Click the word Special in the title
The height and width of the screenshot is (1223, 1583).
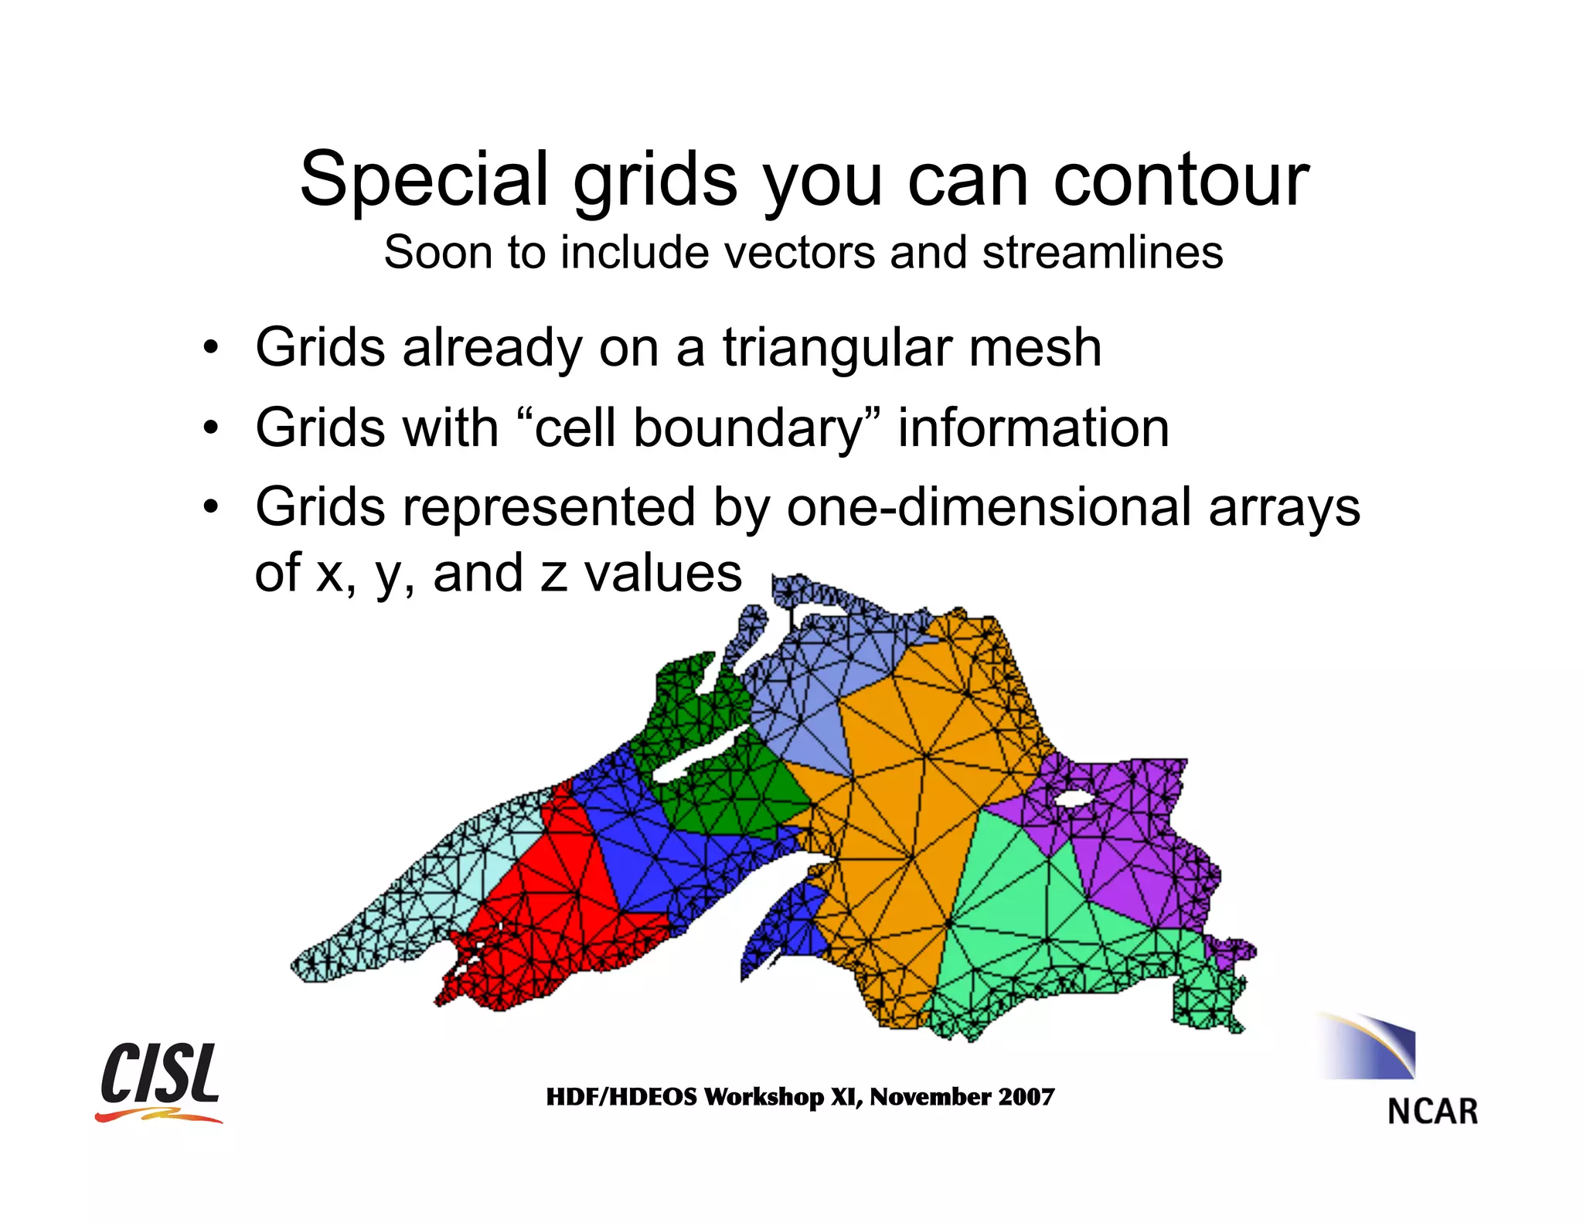424,179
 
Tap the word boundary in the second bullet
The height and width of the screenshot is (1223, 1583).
747,429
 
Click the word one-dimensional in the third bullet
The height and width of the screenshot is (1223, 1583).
989,508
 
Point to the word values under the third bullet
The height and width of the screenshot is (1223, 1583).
662,573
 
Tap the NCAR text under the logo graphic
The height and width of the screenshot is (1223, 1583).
1432,1112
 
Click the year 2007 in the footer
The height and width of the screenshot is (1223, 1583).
1026,1096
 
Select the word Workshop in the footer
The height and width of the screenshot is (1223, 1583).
764,1097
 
